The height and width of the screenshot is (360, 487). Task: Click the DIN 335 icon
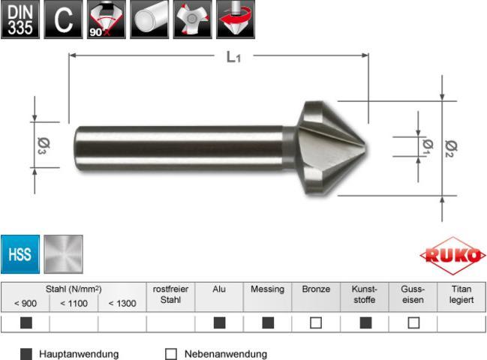pos(20,19)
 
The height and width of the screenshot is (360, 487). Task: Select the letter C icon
pos(64,19)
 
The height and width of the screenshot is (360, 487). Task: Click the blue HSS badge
pos(20,254)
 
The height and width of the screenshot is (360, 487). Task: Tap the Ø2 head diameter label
pos(451,148)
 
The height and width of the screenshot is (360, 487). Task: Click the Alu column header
pos(219,289)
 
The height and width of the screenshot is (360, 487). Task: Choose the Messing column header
pos(267,289)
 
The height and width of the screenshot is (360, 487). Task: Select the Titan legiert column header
pos(461,294)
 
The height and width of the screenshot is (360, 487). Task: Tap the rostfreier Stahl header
pos(170,294)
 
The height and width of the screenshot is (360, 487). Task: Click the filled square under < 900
pos(25,324)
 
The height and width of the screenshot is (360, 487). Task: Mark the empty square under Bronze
pos(316,324)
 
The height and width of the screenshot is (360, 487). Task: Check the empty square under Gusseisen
pos(413,324)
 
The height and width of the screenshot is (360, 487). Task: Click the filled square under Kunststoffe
pos(364,324)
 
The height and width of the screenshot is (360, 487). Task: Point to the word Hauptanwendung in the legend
pos(79,353)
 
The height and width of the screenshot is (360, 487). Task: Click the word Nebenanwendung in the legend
pos(226,353)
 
